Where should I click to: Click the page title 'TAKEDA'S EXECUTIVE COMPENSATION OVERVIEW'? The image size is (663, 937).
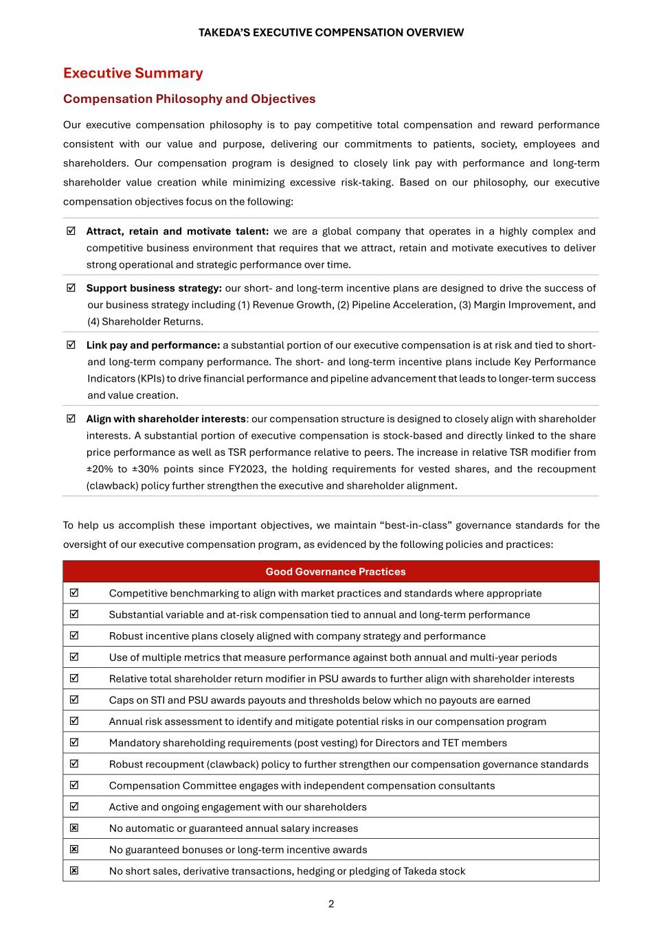330,32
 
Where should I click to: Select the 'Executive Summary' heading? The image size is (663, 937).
133,73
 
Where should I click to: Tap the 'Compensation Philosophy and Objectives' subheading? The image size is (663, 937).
189,99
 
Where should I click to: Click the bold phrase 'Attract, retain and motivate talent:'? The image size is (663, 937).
177,231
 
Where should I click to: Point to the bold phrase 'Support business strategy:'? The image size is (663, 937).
154,288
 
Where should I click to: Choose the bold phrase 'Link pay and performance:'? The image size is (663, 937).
153,345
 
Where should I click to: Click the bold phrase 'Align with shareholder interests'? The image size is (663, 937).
166,419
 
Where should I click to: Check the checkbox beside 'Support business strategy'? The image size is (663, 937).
71,288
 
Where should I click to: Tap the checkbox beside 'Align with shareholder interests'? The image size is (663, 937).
71,419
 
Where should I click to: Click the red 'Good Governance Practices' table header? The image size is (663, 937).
335,572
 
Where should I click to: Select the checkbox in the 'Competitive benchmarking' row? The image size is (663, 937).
74,592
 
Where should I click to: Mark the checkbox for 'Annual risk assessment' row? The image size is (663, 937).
74,721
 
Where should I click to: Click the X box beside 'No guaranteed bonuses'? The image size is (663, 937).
74,849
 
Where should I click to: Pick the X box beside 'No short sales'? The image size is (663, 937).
74,870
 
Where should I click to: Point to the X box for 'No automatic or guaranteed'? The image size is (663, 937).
74,828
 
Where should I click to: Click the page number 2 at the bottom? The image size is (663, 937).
331,904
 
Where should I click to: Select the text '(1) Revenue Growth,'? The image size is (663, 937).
284,305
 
